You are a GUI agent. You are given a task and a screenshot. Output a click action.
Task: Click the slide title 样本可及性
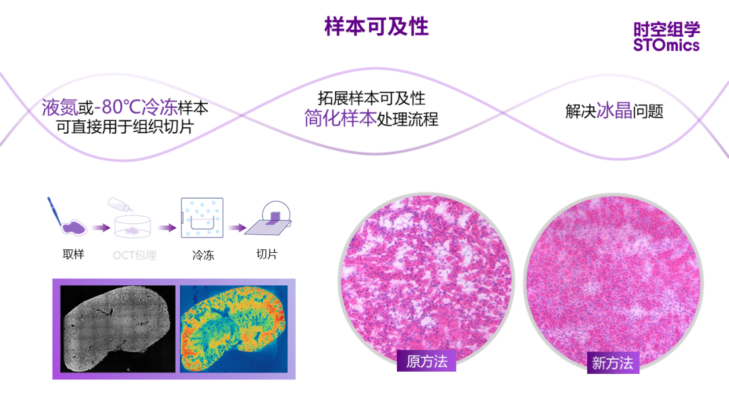(x=376, y=27)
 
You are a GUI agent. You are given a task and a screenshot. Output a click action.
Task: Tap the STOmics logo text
(x=666, y=45)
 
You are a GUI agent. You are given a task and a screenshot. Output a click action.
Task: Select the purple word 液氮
(x=59, y=107)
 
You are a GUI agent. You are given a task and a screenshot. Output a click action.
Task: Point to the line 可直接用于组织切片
(x=125, y=126)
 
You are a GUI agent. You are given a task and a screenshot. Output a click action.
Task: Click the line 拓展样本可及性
(x=371, y=99)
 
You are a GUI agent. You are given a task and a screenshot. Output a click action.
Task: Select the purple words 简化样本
(x=340, y=119)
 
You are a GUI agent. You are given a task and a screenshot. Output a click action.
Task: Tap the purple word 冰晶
(x=614, y=111)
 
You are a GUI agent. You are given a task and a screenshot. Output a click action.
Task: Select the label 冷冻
(x=202, y=256)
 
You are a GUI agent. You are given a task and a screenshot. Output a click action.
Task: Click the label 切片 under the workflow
(x=267, y=255)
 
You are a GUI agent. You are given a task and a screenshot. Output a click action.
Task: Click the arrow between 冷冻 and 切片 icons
(x=236, y=228)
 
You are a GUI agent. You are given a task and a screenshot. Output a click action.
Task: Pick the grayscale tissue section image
(x=117, y=328)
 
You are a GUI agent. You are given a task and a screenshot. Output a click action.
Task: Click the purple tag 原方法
(x=427, y=361)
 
